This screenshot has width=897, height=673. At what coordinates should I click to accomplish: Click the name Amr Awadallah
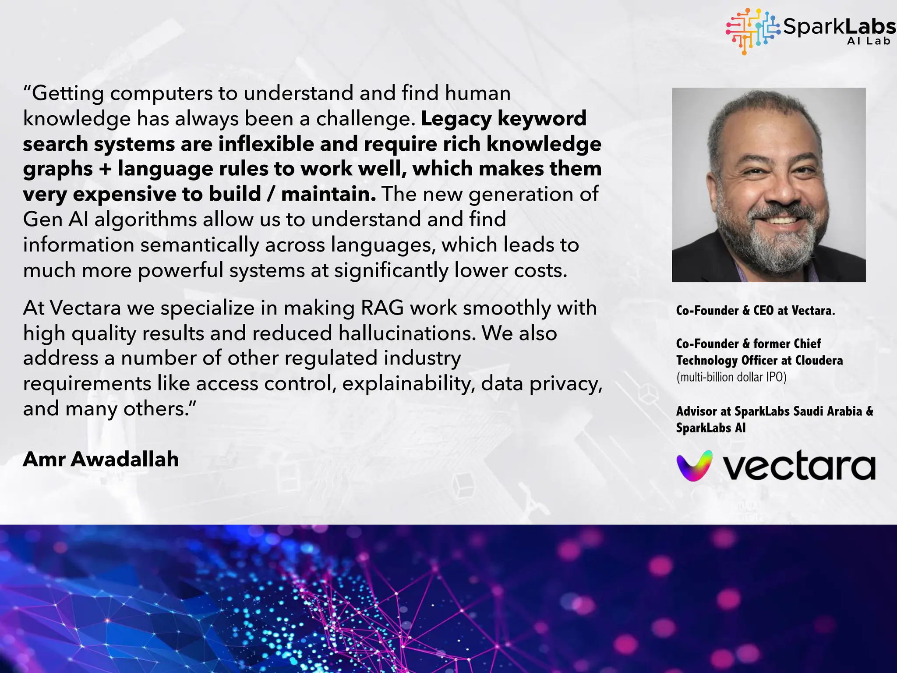coord(101,459)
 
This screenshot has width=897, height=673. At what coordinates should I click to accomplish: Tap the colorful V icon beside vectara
coord(694,465)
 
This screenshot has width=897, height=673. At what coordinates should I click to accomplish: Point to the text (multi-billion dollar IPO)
coord(731,377)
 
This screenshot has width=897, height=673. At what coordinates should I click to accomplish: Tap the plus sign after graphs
coord(105,169)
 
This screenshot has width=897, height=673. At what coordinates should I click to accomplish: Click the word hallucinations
coord(407,333)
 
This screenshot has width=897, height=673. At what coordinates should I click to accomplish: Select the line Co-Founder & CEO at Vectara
coord(755,310)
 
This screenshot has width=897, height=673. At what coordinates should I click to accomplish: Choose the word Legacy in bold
coord(456,119)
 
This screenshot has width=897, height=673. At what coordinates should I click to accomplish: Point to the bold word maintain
coord(328,194)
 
